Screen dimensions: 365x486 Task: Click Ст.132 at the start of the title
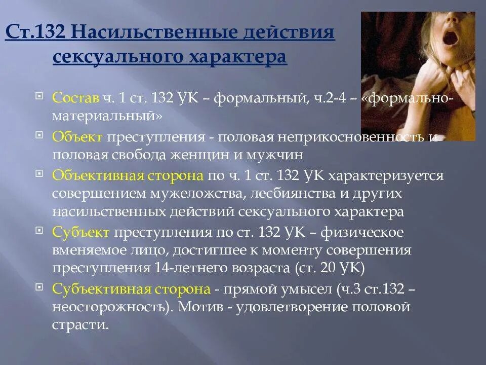tap(35, 34)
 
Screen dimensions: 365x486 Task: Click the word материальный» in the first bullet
tap(107, 116)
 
